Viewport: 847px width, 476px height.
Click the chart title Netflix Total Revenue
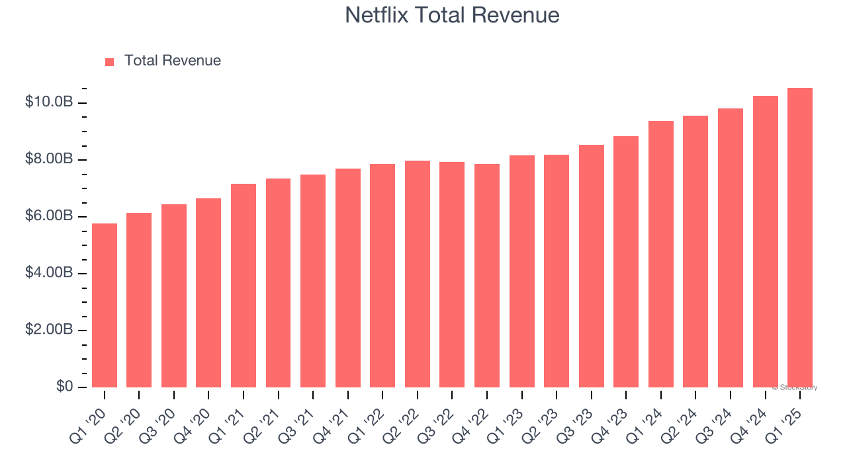point(452,15)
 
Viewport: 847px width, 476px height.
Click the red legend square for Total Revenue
point(110,61)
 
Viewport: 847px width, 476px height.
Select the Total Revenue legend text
point(172,61)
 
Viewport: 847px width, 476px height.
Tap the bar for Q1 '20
point(105,305)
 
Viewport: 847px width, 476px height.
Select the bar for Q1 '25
point(800,238)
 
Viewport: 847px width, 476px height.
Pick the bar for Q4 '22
point(487,276)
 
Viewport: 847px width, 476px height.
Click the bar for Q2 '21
point(278,283)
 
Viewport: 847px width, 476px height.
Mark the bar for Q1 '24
point(660,254)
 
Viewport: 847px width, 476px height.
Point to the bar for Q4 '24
point(765,241)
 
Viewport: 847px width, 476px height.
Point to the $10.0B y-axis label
point(48,102)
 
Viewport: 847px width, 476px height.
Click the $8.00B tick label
point(48,159)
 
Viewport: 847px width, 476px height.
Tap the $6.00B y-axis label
point(48,216)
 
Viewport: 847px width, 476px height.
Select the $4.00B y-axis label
point(48,273)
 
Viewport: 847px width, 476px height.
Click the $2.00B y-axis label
point(48,330)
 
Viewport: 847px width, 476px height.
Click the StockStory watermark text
point(795,387)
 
